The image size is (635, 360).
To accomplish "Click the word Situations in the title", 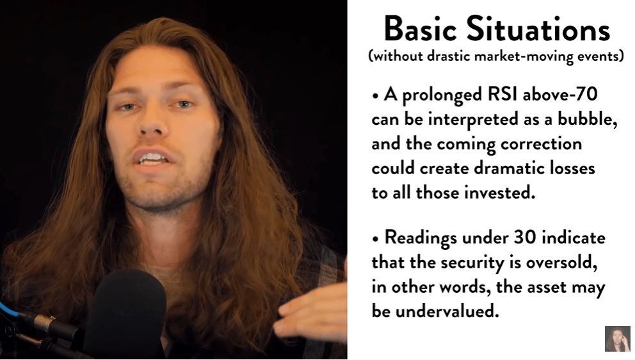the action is (x=538, y=29).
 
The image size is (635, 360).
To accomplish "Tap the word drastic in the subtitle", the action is (x=448, y=56).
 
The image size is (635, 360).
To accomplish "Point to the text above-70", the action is (x=560, y=94).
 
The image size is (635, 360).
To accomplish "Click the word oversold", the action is (x=561, y=262).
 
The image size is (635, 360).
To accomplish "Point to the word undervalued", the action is (x=447, y=311).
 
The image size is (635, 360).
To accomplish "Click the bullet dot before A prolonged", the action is (x=375, y=97).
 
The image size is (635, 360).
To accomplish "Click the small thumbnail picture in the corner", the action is (x=618, y=338).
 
